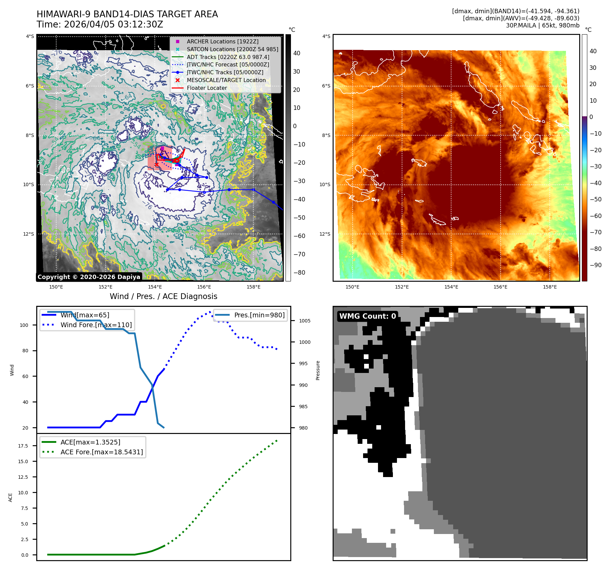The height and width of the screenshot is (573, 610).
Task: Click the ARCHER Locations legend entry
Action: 223,41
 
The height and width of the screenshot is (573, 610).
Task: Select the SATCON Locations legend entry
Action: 232,49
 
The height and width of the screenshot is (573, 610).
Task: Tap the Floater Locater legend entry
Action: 207,88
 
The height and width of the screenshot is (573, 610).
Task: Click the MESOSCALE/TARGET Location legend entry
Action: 226,80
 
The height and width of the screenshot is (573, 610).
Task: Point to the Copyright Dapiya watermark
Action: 89,277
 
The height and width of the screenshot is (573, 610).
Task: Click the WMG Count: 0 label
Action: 367,316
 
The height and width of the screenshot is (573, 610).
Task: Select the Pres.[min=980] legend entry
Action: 259,315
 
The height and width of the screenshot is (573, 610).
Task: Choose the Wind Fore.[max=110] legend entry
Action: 96,325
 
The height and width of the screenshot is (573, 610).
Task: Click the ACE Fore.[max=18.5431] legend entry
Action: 102,452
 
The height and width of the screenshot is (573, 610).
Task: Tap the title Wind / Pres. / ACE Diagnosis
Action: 163,296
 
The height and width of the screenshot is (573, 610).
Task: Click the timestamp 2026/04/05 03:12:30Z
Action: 113,24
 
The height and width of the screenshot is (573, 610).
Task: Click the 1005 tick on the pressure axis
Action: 304,321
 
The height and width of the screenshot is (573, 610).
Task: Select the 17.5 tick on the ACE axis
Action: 23,446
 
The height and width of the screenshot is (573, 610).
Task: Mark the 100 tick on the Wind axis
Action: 24,325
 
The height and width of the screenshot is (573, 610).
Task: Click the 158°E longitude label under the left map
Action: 253,287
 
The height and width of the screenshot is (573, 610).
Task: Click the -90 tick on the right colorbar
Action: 595,265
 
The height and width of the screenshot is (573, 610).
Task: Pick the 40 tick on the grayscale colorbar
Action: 297,53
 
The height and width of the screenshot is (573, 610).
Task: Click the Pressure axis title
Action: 318,370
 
